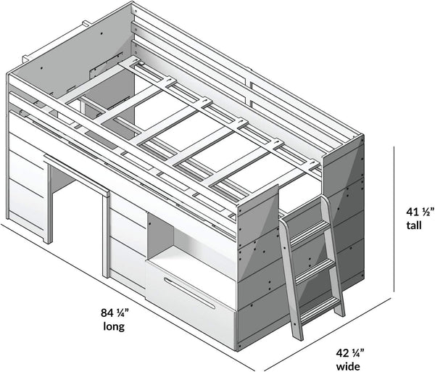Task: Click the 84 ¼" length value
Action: coord(115,313)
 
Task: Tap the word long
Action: coord(114,326)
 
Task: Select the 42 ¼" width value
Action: coord(350,353)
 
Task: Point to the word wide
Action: coord(348,366)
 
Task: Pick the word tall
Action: coord(414,225)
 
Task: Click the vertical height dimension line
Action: coord(394,219)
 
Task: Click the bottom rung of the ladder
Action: coord(321,308)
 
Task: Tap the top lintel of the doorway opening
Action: coord(77,174)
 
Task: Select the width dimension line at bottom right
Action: coord(327,334)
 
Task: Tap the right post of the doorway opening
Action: coord(106,236)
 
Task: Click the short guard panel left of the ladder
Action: coord(258,215)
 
